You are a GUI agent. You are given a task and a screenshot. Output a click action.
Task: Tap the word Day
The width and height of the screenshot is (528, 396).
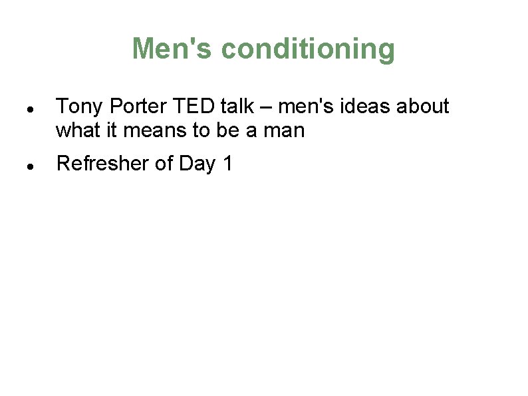[198, 164]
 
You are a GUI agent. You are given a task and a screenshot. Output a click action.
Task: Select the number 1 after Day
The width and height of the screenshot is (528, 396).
[228, 163]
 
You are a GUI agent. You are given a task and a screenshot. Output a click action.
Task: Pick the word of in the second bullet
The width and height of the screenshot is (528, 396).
[164, 163]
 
